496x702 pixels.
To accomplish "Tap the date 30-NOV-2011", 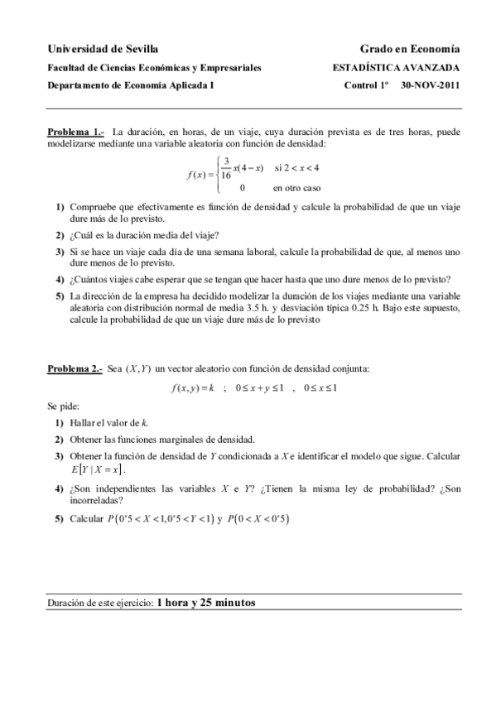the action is (430, 84).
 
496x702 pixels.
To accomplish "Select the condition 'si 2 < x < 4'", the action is (296, 168).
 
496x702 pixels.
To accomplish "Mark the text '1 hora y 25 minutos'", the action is (206, 603).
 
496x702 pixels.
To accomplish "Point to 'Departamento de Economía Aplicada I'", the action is (130, 84).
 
